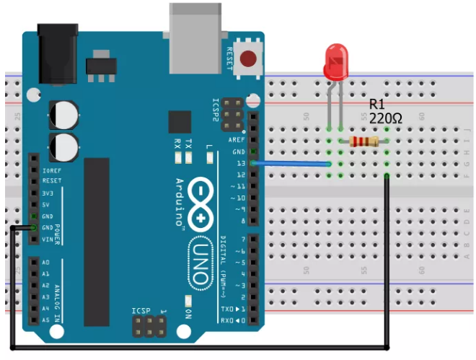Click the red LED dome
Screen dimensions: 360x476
coord(336,61)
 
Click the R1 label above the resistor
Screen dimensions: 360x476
coord(377,103)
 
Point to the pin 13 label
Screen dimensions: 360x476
coord(240,164)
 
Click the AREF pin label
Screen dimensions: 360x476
coord(236,140)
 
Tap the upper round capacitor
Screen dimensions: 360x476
coord(63,115)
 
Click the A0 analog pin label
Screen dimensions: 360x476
coord(46,263)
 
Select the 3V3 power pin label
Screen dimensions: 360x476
coord(49,193)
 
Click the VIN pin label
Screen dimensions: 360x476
coord(48,239)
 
